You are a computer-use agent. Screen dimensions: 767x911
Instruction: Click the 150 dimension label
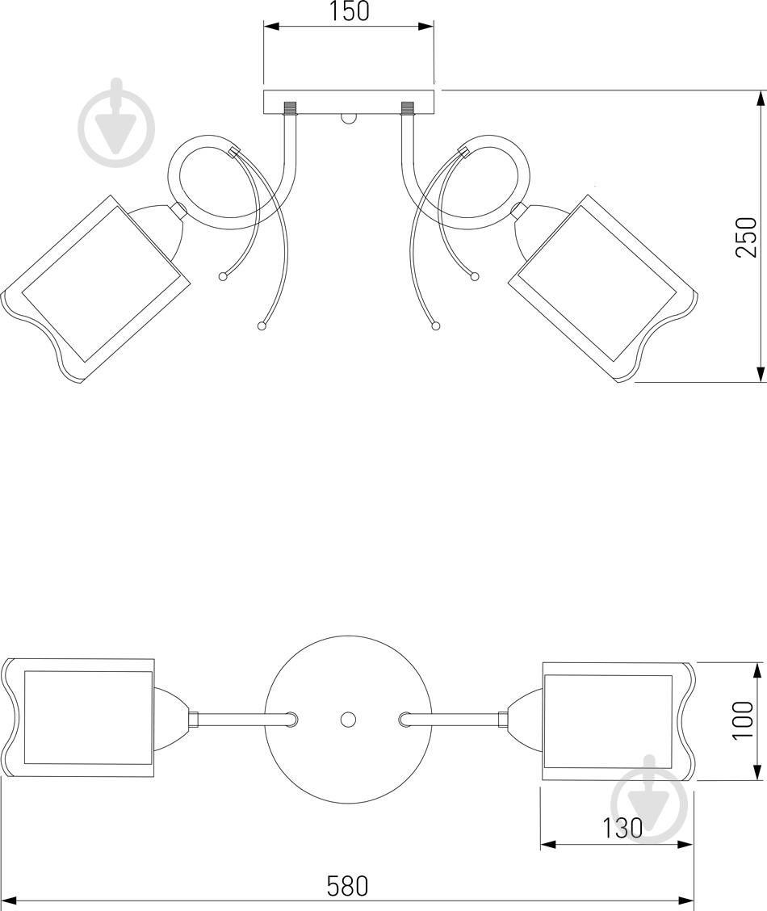[350, 11]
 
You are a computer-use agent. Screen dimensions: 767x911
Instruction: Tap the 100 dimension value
[743, 720]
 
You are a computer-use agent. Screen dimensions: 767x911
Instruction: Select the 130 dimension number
[621, 828]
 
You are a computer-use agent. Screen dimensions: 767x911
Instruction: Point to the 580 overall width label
[348, 887]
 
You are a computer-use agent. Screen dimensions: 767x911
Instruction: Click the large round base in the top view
[348, 720]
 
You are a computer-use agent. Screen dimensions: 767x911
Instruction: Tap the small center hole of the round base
[348, 720]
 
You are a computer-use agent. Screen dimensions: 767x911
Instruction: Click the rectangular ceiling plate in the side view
[349, 103]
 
